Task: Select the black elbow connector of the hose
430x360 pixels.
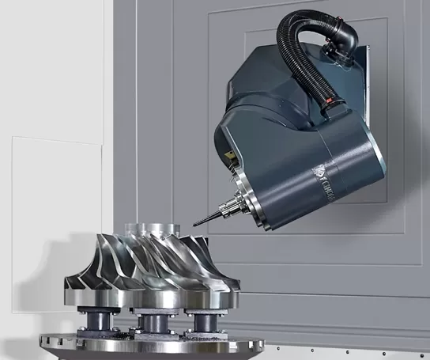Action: (345, 36)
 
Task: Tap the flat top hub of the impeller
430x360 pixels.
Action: (146, 227)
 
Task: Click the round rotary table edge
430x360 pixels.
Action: (150, 347)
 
